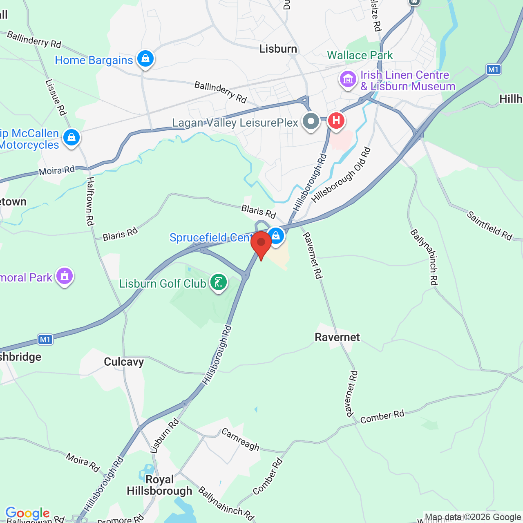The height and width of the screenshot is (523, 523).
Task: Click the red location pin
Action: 261,244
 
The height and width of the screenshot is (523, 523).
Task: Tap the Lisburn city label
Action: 278,49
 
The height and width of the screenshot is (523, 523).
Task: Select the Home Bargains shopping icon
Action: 145,59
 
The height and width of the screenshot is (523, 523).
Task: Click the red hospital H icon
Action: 336,121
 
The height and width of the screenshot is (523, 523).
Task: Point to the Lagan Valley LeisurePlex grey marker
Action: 311,121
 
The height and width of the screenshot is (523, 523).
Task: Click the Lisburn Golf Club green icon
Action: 219,282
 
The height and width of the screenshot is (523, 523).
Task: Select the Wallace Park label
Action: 360,55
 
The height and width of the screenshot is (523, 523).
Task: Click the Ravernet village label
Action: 337,337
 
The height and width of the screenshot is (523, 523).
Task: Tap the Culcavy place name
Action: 124,362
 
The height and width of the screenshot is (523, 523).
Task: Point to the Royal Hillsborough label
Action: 159,485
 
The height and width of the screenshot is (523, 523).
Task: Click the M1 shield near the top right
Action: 494,69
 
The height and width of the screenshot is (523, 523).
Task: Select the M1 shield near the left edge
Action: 45,340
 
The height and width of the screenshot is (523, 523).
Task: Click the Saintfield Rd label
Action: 489,225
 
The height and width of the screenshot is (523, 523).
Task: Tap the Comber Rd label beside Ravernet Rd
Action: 382,417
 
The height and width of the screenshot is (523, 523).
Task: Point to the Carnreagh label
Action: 240,439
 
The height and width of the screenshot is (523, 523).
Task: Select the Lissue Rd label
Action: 56,97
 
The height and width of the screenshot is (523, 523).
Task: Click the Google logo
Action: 27,513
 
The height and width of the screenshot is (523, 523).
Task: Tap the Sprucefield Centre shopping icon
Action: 276,236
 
